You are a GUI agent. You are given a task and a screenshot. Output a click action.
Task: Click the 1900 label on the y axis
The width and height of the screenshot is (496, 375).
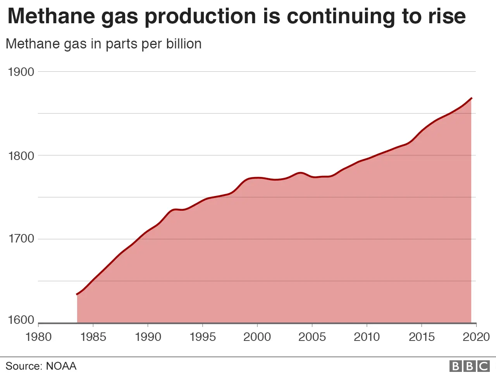pyautogui.click(x=21, y=72)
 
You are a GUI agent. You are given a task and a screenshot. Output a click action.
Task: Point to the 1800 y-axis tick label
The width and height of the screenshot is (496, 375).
pyautogui.click(x=21, y=156)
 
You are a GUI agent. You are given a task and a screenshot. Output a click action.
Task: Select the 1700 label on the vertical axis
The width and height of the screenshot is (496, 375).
pyautogui.click(x=21, y=238)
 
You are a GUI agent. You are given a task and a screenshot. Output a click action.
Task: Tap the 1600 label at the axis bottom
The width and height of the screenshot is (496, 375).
pyautogui.click(x=21, y=320)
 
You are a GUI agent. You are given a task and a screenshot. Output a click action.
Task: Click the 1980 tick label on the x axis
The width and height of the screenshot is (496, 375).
pyautogui.click(x=38, y=337)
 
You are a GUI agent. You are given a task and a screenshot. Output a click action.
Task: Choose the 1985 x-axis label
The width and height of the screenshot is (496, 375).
pyautogui.click(x=93, y=337)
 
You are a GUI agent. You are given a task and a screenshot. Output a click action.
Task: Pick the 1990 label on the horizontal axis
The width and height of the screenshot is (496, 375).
pyautogui.click(x=148, y=337)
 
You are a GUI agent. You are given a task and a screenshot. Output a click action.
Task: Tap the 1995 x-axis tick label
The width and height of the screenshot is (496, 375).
pyautogui.click(x=203, y=337)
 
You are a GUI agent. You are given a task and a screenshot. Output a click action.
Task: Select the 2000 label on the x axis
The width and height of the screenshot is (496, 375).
pyautogui.click(x=257, y=337)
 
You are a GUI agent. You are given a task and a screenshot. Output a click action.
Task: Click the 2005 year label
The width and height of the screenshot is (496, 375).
pyautogui.click(x=312, y=337)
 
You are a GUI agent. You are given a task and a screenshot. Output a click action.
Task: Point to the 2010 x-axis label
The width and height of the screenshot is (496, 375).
pyautogui.click(x=367, y=337)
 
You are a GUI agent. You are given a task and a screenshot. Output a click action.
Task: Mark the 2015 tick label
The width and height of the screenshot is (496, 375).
pyautogui.click(x=422, y=337)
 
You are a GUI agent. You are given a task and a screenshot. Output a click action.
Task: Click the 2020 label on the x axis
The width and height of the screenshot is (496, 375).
pyautogui.click(x=476, y=337)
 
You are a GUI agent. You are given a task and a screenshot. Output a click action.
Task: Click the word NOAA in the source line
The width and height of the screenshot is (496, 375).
pyautogui.click(x=61, y=366)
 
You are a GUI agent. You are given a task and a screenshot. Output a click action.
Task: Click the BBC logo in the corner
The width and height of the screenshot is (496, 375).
pyautogui.click(x=469, y=366)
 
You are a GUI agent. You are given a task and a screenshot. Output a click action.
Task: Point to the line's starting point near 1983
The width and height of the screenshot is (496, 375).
pyautogui.click(x=77, y=294)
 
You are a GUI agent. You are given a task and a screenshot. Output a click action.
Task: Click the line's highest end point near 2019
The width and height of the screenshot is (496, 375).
pyautogui.click(x=471, y=98)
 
